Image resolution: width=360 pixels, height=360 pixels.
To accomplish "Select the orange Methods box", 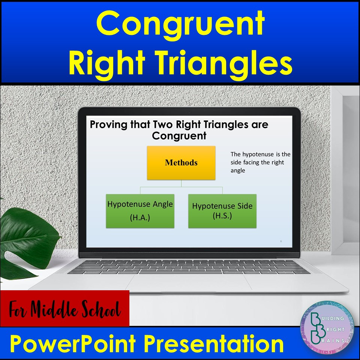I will click(181, 163).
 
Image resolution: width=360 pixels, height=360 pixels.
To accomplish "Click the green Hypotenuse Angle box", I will click(140, 211).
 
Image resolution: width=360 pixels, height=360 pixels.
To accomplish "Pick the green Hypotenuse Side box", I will click(222, 211).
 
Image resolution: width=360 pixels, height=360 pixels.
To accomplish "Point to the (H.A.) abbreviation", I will click(140, 218).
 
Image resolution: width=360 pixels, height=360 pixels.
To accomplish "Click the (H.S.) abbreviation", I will click(222, 216).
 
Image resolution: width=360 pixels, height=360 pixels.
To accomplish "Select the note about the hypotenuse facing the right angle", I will click(260, 162).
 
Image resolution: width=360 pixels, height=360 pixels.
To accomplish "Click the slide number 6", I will click(281, 241).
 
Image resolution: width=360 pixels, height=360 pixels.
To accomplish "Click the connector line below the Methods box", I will click(181, 184).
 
